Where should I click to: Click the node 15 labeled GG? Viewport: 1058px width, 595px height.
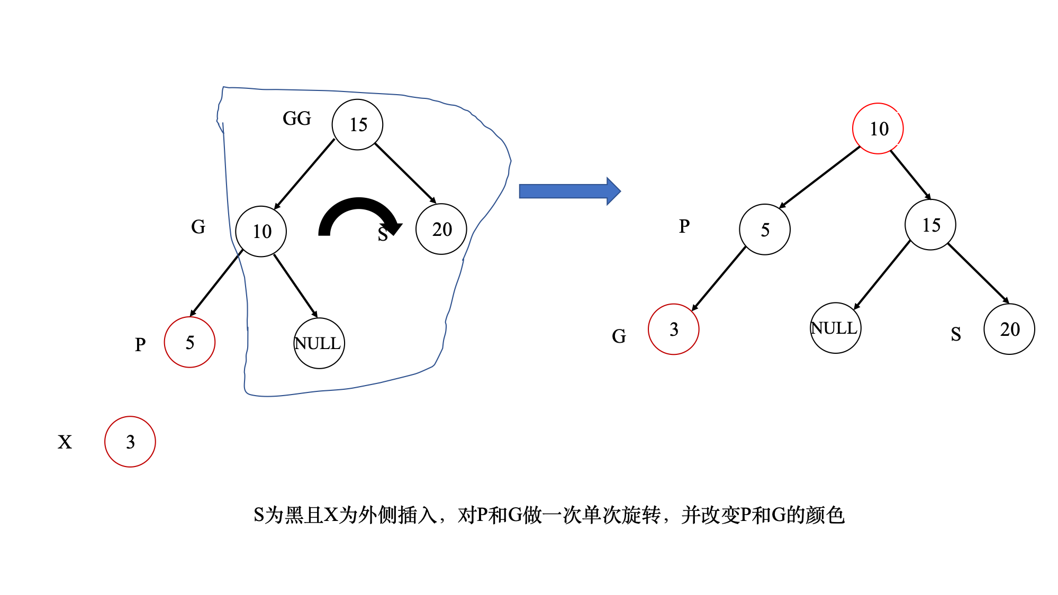tap(357, 125)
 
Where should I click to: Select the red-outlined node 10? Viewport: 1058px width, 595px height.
tap(878, 129)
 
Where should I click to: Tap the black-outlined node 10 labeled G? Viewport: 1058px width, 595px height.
tap(261, 232)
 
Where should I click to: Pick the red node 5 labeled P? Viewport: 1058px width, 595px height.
tap(189, 342)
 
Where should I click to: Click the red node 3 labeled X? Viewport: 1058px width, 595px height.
tap(130, 442)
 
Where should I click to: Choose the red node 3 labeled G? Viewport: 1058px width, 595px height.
tap(674, 329)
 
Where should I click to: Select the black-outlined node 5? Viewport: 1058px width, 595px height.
tap(765, 230)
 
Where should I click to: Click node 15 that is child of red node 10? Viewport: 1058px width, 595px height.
tap(930, 225)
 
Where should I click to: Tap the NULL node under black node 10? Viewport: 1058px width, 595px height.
tap(319, 343)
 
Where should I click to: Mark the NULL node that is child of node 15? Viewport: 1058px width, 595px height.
tap(836, 328)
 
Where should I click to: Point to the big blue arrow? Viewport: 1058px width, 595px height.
tap(569, 191)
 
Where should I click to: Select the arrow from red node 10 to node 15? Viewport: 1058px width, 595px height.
tap(910, 175)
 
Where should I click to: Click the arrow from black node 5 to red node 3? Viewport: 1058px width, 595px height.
tap(718, 279)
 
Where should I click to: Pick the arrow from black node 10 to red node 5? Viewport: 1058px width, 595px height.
tap(216, 283)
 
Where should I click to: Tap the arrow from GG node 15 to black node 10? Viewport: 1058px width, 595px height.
tap(304, 174)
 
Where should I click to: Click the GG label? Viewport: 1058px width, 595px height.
tap(297, 118)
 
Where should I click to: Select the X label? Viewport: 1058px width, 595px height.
tap(65, 442)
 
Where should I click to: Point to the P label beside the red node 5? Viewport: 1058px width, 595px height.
tap(140, 345)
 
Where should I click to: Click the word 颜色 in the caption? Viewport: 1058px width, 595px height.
tap(825, 515)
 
